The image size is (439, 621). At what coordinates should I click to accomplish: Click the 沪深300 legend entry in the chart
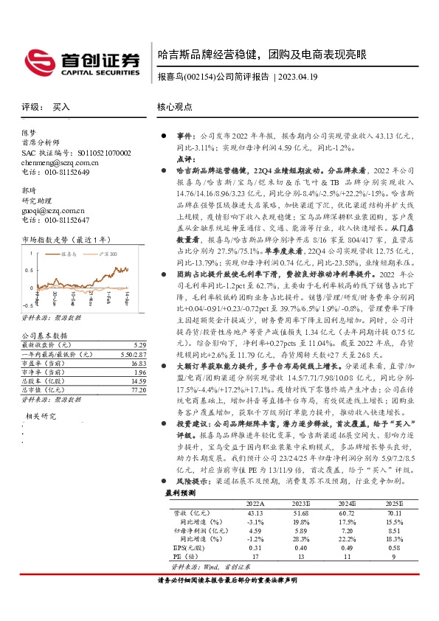108,252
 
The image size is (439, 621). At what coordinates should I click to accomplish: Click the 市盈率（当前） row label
42,363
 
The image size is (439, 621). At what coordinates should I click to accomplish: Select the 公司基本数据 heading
41,335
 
